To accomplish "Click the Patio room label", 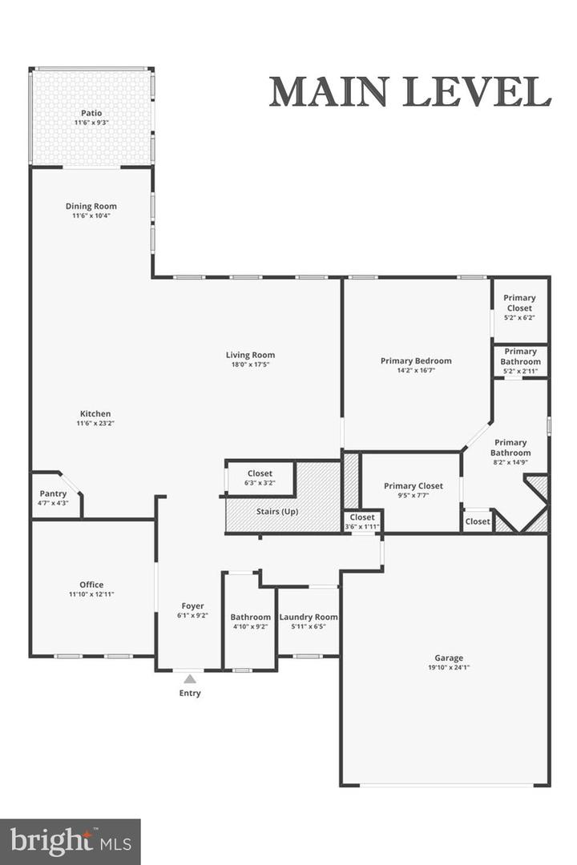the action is click(91, 113).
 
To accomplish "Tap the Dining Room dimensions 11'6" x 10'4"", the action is click(91, 215).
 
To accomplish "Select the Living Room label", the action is click(250, 355).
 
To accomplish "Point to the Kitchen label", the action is click(95, 414).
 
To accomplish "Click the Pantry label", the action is click(53, 493).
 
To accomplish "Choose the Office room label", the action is click(91, 585).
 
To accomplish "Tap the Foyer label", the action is click(192, 606).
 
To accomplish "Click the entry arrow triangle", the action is click(190, 679).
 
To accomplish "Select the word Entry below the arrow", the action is click(190, 694).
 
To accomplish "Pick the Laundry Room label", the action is click(309, 618).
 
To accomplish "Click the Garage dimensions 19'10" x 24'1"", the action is click(449, 667).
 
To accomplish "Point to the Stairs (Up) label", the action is click(277, 511).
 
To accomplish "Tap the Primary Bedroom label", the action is click(416, 360).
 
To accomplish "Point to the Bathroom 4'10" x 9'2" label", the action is click(251, 618).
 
